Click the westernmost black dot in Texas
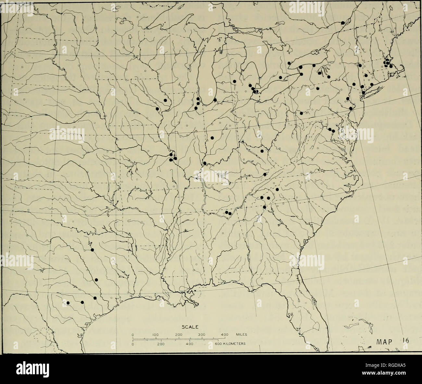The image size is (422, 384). (x=68, y=303)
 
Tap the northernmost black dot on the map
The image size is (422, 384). (x=343, y=23)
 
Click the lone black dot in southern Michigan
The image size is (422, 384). (x=234, y=81)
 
